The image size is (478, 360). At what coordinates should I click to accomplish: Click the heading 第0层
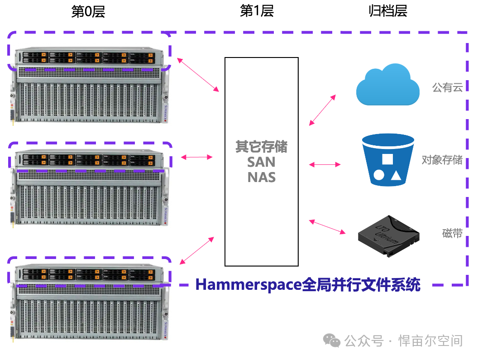coord(88,12)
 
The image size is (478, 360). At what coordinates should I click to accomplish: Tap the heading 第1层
coord(257,11)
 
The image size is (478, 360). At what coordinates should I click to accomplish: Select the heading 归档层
coord(387,11)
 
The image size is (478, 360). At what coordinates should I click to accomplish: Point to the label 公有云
coord(447,87)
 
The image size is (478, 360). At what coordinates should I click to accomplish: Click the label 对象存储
coord(442,160)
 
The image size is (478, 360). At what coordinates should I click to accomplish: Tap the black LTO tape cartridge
coord(388,235)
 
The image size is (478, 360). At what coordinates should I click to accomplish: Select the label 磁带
coord(452,234)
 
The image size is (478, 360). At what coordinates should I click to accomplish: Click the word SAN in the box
coord(261,162)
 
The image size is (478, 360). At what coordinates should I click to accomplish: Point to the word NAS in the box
coord(261,177)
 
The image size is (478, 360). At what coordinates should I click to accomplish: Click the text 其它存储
coord(261,147)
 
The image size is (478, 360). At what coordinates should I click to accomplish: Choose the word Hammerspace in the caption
coord(248,285)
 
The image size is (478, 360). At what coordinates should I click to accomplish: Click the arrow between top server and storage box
coord(198,75)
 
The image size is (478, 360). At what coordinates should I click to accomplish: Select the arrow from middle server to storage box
coord(196,157)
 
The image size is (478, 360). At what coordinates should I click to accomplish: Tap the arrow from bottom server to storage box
coord(196,250)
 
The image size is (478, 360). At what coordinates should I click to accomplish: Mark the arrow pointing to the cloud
coord(322,110)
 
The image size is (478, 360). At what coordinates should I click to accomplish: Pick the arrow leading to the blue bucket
coord(325,165)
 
